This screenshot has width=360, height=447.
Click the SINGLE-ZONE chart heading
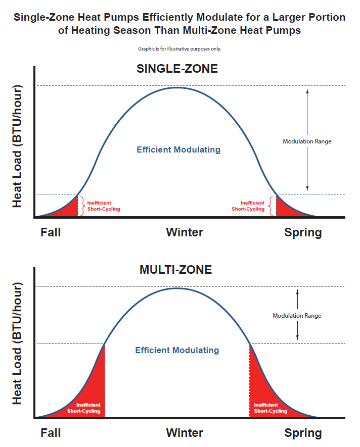[x=177, y=69]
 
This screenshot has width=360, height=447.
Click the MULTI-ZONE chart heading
[x=175, y=270]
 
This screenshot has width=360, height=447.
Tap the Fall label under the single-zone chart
[x=51, y=232]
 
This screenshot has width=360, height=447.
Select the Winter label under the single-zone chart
[x=185, y=232]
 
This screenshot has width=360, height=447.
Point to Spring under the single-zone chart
[x=303, y=233]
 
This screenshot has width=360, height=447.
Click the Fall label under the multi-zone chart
[x=51, y=433]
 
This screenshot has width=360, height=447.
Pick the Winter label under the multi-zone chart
[x=185, y=433]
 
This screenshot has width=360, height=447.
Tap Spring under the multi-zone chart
[x=303, y=433]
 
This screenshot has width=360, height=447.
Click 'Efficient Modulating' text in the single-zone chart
[x=178, y=150]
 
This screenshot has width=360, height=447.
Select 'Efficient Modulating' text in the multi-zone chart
[x=177, y=350]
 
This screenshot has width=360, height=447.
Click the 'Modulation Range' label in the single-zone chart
[x=307, y=141]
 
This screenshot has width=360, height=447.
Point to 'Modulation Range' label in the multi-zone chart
[x=297, y=316]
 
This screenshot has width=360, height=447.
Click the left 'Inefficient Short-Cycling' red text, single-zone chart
[x=104, y=206]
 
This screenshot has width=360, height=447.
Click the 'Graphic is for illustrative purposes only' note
[x=179, y=49]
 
